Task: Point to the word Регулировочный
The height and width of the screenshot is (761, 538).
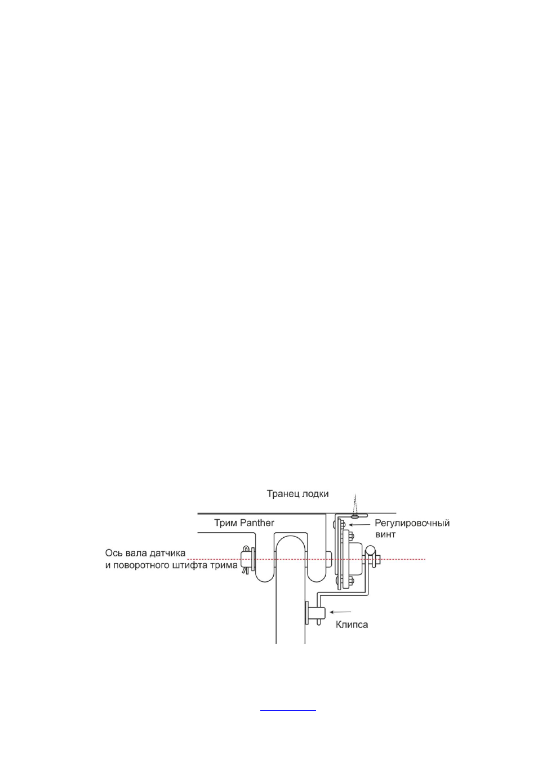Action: pos(412,523)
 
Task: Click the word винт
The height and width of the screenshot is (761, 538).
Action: pos(385,534)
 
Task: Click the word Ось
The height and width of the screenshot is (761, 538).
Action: pos(113,553)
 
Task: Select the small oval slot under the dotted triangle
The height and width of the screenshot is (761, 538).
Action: pos(355,516)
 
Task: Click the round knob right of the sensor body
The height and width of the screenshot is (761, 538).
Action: pos(370,550)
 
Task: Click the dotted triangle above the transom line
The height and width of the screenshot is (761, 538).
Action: pos(355,503)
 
